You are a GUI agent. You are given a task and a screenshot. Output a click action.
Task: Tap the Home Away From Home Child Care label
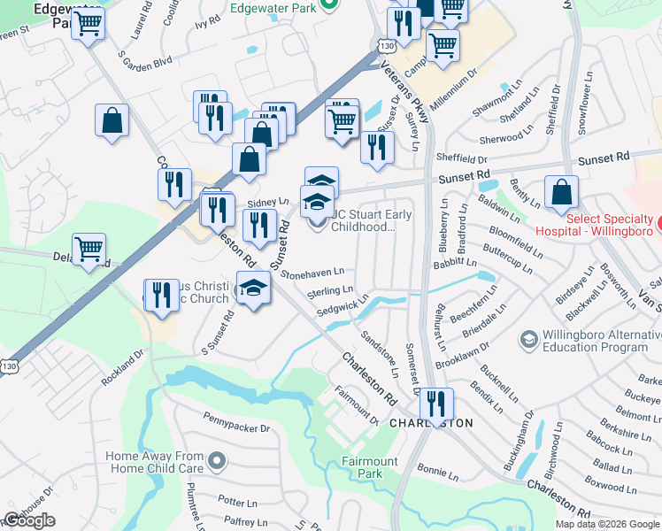click(x=155, y=461)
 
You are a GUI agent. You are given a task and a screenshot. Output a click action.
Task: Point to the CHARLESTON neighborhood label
click(x=432, y=423)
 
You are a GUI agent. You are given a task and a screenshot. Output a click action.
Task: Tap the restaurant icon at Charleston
click(x=435, y=404)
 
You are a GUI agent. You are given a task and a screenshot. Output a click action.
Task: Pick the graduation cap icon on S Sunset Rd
click(x=253, y=289)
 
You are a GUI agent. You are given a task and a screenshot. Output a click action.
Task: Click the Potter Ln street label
click(x=236, y=502)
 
